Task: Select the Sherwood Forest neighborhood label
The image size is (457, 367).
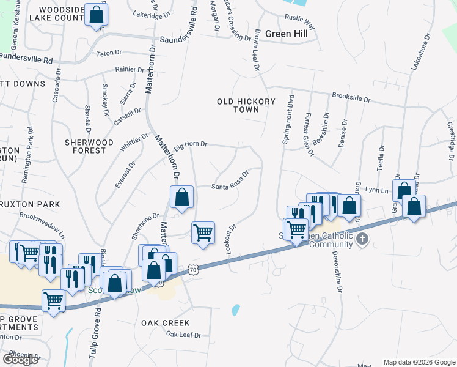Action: pyautogui.click(x=89, y=146)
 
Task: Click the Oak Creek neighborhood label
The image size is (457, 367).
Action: pyautogui.click(x=165, y=323)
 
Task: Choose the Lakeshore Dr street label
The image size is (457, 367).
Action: pyautogui.click(x=421, y=53)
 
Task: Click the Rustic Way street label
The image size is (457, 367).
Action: pyautogui.click(x=301, y=23)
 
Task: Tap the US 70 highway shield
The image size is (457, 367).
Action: pyautogui.click(x=193, y=269)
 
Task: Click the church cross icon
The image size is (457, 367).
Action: pyautogui.click(x=362, y=239)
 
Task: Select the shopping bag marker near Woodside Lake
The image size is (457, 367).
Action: pyautogui.click(x=96, y=15)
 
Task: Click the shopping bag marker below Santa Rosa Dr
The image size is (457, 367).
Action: pyautogui.click(x=181, y=197)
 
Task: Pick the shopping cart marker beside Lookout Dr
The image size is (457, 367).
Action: pyautogui.click(x=203, y=232)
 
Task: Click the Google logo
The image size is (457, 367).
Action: pyautogui.click(x=20, y=359)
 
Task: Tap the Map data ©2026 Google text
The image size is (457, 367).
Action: pyautogui.click(x=419, y=362)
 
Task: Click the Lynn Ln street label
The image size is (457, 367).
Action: pyautogui.click(x=376, y=191)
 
